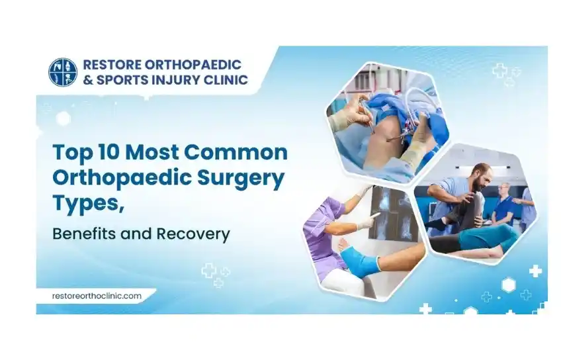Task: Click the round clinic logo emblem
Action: [63, 72]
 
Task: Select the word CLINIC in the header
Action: [226, 80]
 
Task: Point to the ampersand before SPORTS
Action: [87, 80]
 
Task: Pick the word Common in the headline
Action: [236, 152]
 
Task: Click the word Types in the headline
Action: [86, 204]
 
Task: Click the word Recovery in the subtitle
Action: [193, 234]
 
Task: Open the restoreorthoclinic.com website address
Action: [97, 296]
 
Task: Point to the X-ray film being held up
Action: [394, 212]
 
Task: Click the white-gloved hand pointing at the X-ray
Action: [366, 221]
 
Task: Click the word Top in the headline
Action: [71, 153]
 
